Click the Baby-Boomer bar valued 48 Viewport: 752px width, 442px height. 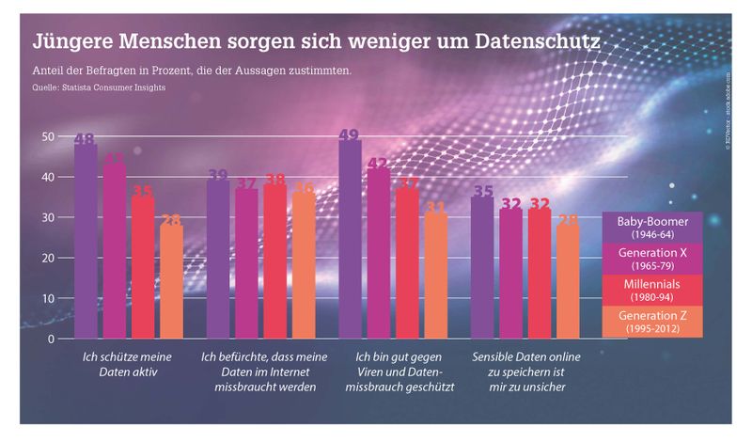pyautogui.click(x=86, y=240)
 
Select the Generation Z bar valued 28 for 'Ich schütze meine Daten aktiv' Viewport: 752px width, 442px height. pyautogui.click(x=170, y=280)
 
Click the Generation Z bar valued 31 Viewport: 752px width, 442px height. pyautogui.click(x=435, y=275)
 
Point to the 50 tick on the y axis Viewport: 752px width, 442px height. pyautogui.click(x=47, y=137)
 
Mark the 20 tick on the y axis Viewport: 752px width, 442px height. pyautogui.click(x=47, y=258)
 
